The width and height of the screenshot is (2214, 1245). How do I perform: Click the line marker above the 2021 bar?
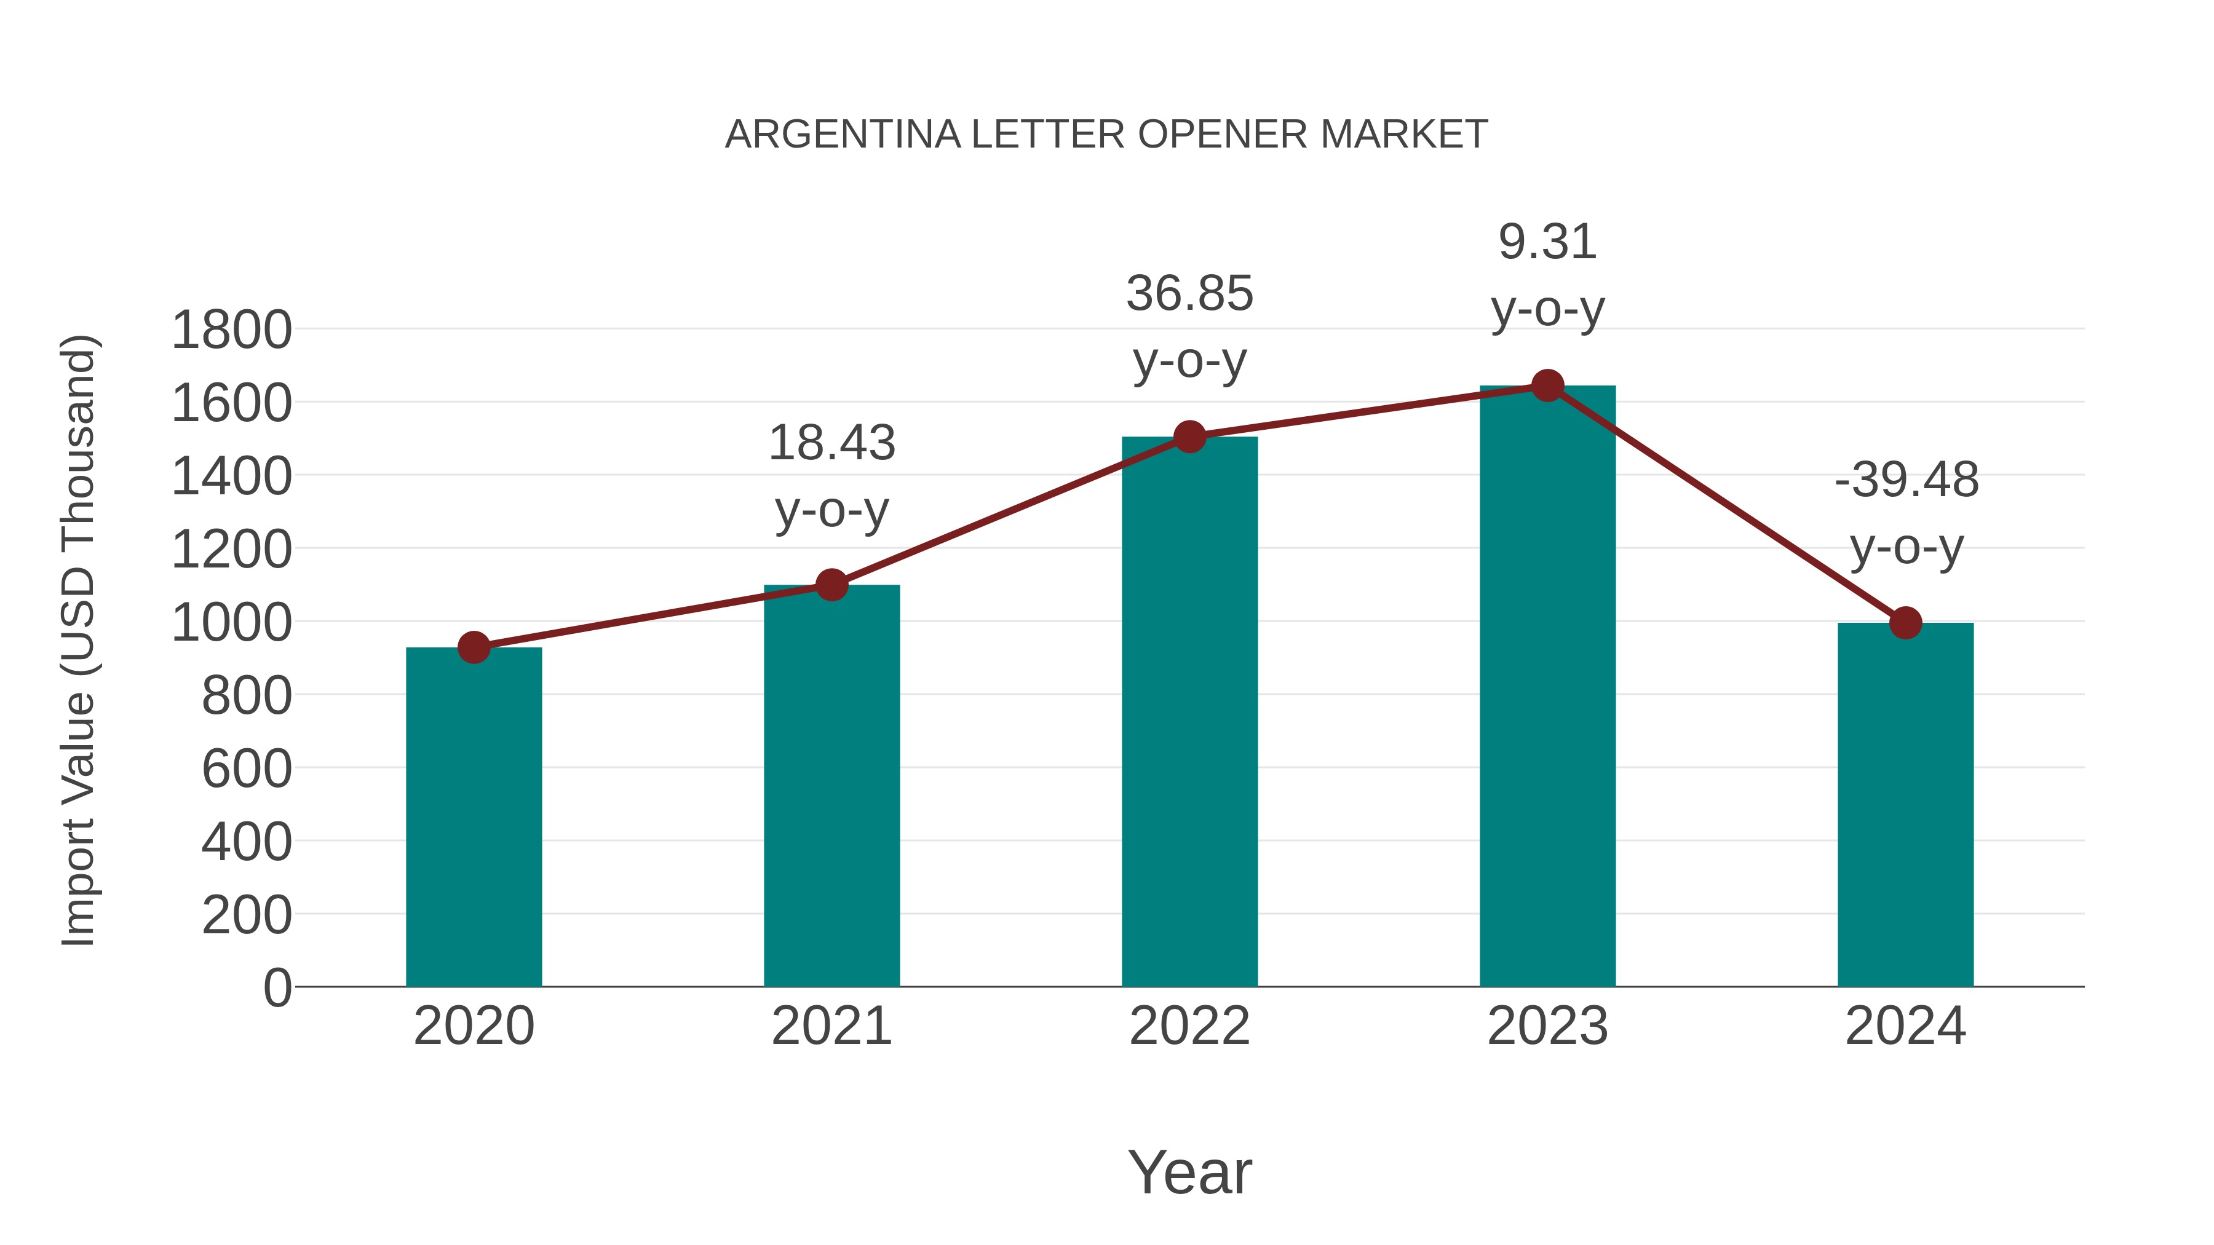pyautogui.click(x=831, y=585)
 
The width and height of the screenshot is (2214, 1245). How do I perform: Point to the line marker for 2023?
pyautogui.click(x=1547, y=385)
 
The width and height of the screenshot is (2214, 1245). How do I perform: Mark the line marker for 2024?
pyautogui.click(x=1905, y=623)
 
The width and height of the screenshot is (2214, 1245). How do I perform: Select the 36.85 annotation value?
pyautogui.click(x=1189, y=294)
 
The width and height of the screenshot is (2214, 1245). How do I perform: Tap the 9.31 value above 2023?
pyautogui.click(x=1547, y=242)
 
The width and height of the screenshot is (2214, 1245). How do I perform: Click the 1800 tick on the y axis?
pyautogui.click(x=231, y=330)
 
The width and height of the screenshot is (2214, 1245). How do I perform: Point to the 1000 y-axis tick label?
pyautogui.click(x=231, y=623)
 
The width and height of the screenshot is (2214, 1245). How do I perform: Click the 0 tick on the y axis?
pyautogui.click(x=277, y=988)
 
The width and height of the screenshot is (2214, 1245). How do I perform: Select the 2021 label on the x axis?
pyautogui.click(x=831, y=1026)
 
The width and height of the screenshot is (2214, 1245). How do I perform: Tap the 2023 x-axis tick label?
pyautogui.click(x=1547, y=1026)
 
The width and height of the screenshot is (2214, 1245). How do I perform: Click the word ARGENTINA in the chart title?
pyautogui.click(x=843, y=135)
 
